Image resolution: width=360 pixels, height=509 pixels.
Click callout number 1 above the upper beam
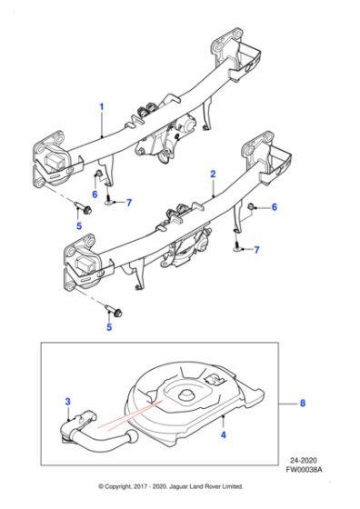point(102,107)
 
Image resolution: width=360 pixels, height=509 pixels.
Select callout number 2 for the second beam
point(212,173)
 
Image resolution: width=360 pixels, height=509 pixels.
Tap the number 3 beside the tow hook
point(66,400)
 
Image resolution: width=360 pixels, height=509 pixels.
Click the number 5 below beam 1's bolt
point(78,225)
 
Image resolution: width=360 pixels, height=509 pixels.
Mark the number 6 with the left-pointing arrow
point(274,208)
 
